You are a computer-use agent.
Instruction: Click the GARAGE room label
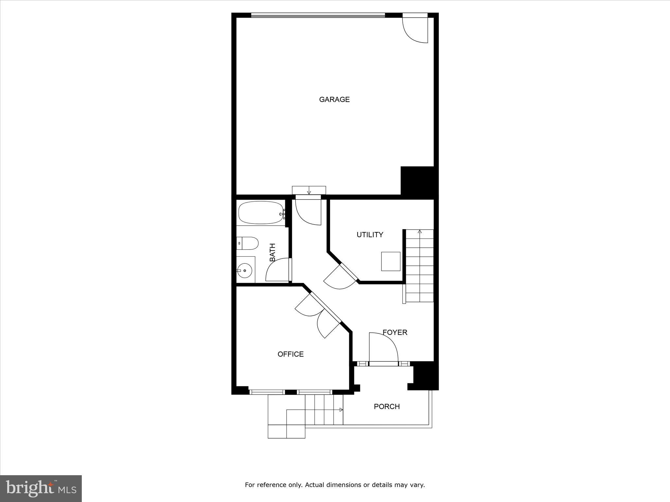point(334,99)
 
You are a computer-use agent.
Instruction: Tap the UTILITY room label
point(370,235)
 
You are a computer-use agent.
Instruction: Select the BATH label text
point(273,252)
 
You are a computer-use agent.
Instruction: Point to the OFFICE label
point(291,354)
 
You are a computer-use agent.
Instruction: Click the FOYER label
point(395,332)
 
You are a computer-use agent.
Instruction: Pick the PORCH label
point(387,407)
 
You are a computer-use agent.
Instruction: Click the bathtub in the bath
point(261,213)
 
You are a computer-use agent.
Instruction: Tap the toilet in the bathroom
point(248,243)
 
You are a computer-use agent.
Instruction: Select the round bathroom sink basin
point(244,270)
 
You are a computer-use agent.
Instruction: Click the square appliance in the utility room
point(391,261)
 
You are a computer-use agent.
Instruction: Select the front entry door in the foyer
point(383,348)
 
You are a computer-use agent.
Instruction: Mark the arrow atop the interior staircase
point(420,232)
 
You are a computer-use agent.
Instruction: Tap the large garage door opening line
point(318,15)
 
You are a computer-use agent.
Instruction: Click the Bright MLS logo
point(41,488)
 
